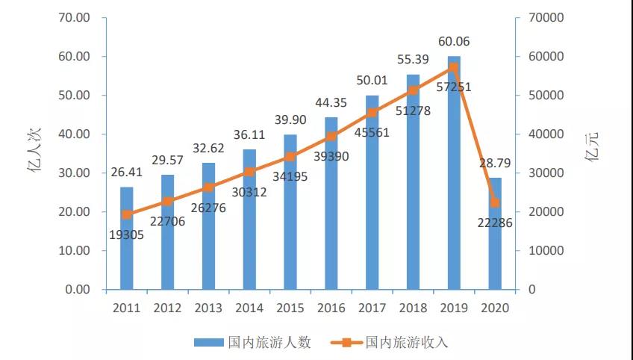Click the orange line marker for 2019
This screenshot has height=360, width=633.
click(454, 67)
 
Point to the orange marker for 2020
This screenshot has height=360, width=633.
click(495, 202)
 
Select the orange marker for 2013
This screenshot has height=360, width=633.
click(209, 187)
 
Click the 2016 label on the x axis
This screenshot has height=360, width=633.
click(331, 308)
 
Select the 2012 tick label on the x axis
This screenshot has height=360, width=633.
click(167, 308)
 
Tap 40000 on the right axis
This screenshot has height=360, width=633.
click(546, 134)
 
